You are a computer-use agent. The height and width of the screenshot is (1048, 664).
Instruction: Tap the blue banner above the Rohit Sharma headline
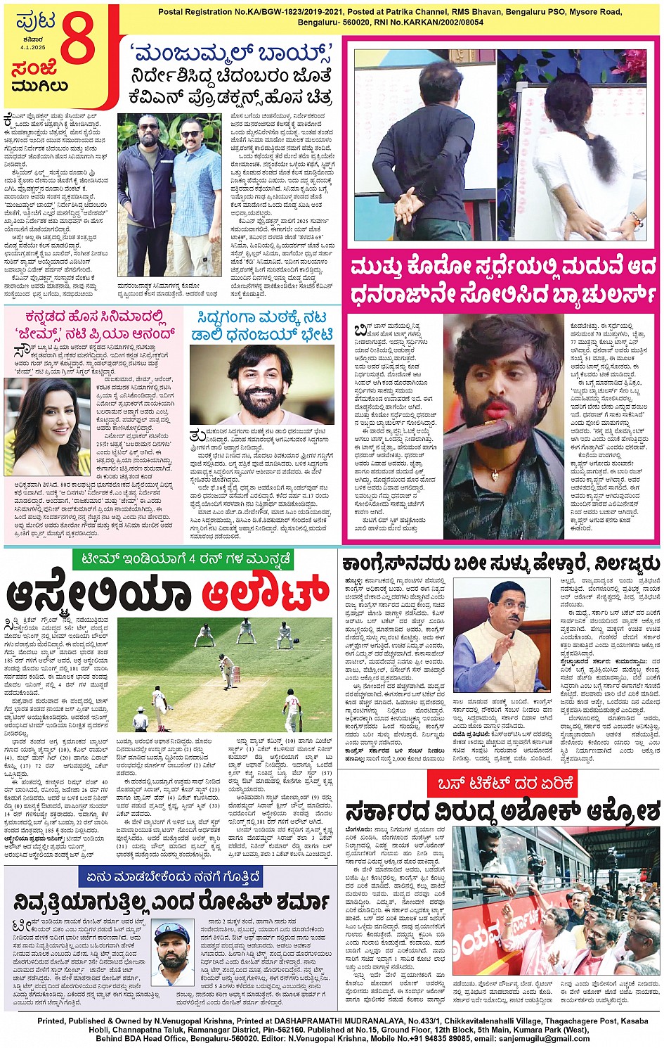pyautogui.click(x=173, y=876)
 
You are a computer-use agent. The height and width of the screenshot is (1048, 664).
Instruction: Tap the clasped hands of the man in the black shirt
pyautogui.click(x=410, y=204)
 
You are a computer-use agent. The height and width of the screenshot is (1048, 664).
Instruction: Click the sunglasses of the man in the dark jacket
pyautogui.click(x=148, y=127)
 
